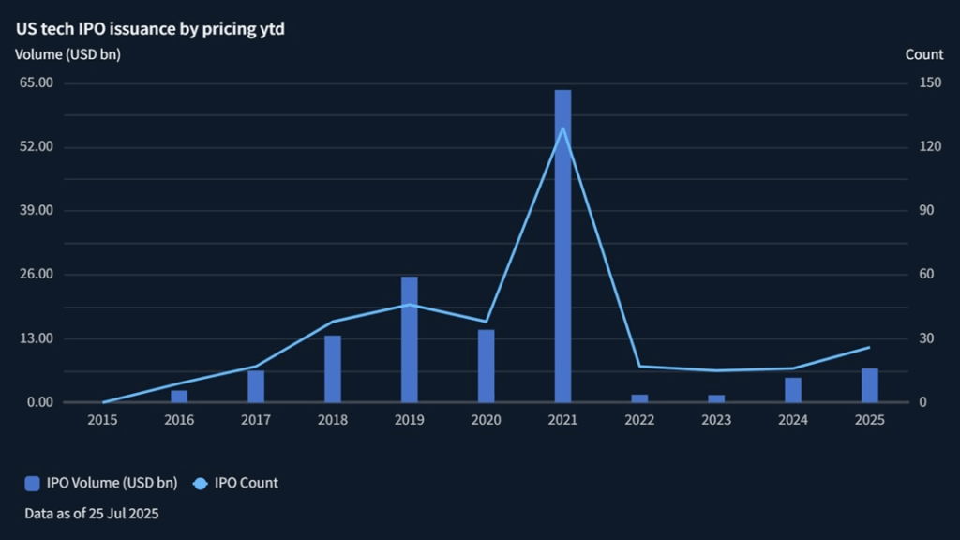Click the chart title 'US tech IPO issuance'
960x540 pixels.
pyautogui.click(x=150, y=29)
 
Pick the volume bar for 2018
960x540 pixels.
pyautogui.click(x=333, y=368)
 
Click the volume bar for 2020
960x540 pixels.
pyautogui.click(x=486, y=366)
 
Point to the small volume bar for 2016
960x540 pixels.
pyautogui.click(x=179, y=396)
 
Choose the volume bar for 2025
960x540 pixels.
pyautogui.click(x=870, y=385)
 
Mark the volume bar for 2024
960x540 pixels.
pyautogui.click(x=793, y=390)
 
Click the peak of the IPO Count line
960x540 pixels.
pyautogui.click(x=562, y=127)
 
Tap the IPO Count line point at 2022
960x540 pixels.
pyautogui.click(x=639, y=366)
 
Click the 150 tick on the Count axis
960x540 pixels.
pyautogui.click(x=929, y=82)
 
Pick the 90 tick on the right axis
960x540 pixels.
pyautogui.click(x=926, y=210)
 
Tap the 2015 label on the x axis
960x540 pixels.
pyautogui.click(x=102, y=420)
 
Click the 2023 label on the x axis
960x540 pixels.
pyautogui.click(x=716, y=420)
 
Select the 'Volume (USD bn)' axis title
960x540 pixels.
pyautogui.click(x=67, y=54)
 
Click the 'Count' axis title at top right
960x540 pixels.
pyautogui.click(x=923, y=54)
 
